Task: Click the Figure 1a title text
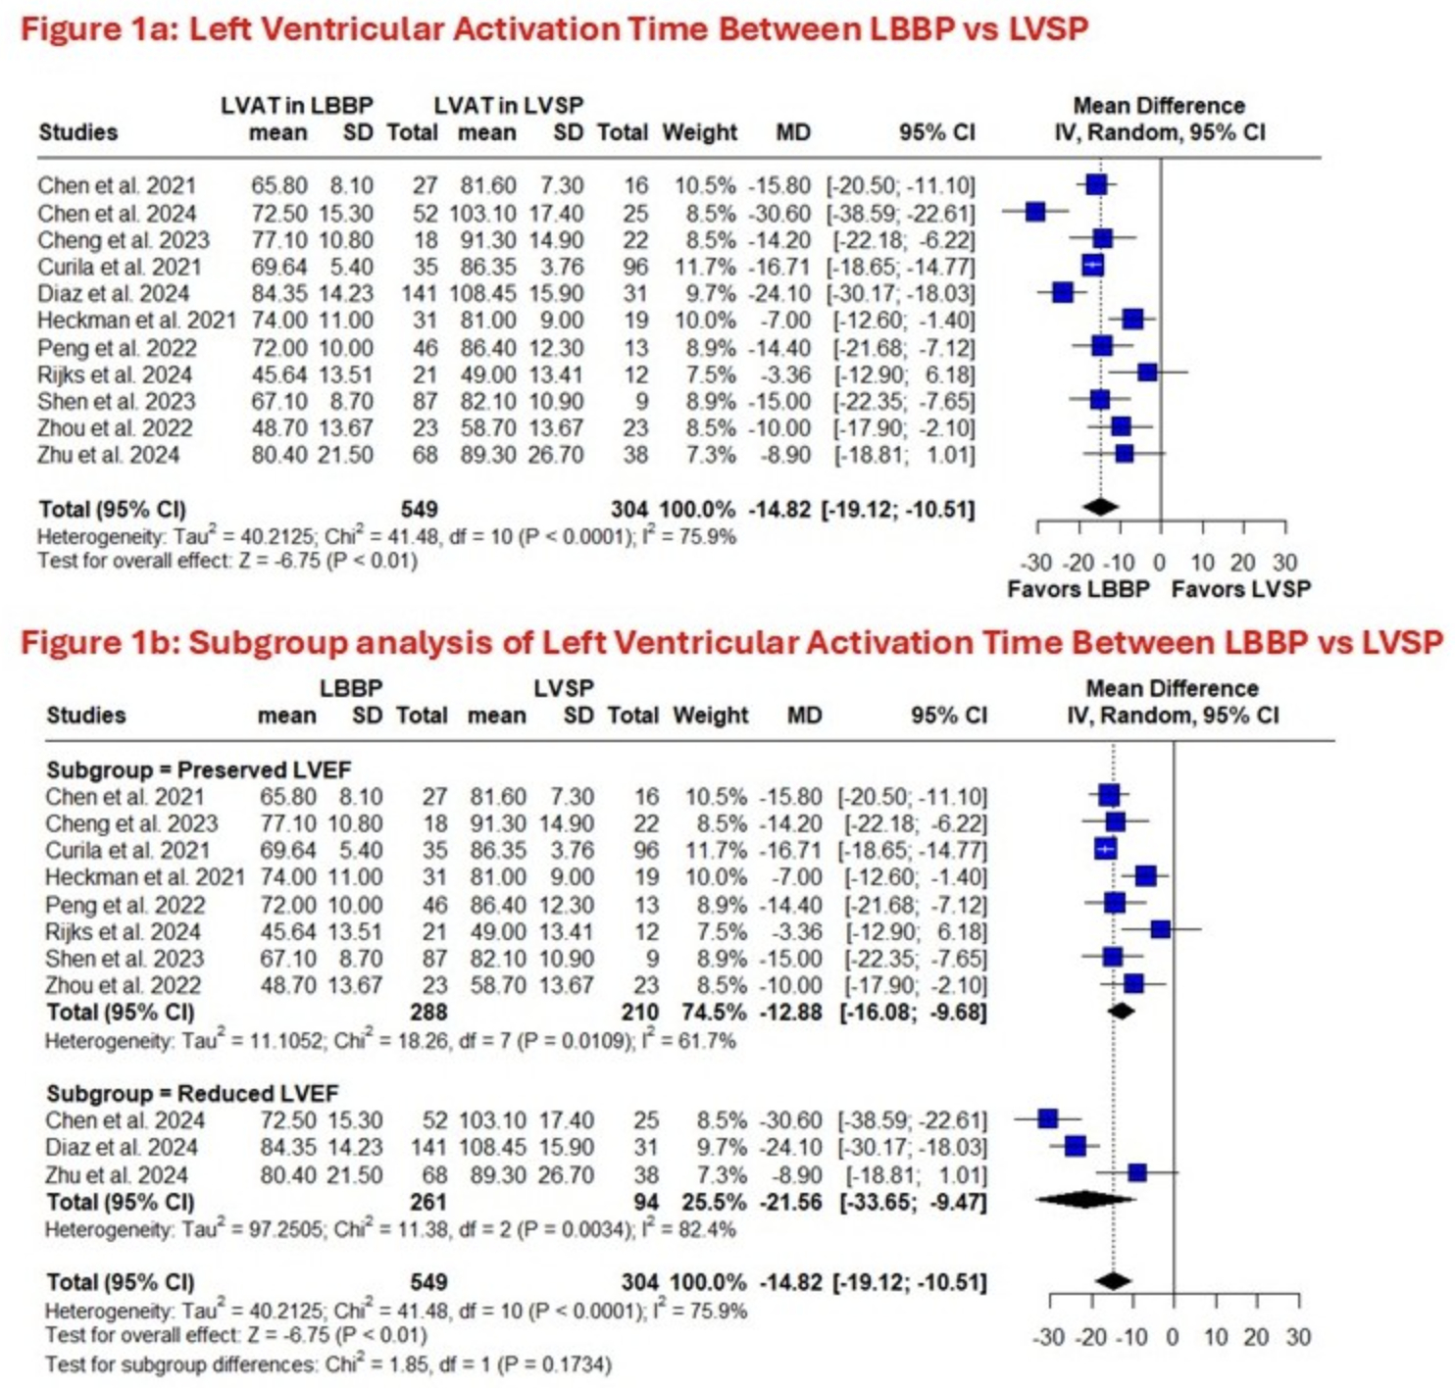pyautogui.click(x=554, y=28)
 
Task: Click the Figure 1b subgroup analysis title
pyautogui.click(x=730, y=643)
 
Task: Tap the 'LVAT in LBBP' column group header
pyautogui.click(x=296, y=105)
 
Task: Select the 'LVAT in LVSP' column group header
pyautogui.click(x=508, y=105)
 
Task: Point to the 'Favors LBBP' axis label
pyautogui.click(x=1078, y=589)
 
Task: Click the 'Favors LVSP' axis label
pyautogui.click(x=1240, y=589)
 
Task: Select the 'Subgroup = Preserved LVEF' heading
pyautogui.click(x=198, y=769)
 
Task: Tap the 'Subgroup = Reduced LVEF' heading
pyautogui.click(x=192, y=1093)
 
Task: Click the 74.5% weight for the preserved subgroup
pyautogui.click(x=709, y=1012)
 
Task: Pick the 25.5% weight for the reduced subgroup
pyautogui.click(x=709, y=1202)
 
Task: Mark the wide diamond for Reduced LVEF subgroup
pyautogui.click(x=1083, y=1199)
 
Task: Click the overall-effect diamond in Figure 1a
pyautogui.click(x=1100, y=507)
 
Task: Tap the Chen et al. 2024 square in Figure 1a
pyautogui.click(x=1035, y=211)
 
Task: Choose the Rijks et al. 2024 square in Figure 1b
pyautogui.click(x=1160, y=928)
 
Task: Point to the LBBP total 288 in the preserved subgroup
pyautogui.click(x=428, y=1012)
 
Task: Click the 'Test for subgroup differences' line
pyautogui.click(x=327, y=1363)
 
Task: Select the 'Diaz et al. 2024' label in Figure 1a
pyautogui.click(x=113, y=293)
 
